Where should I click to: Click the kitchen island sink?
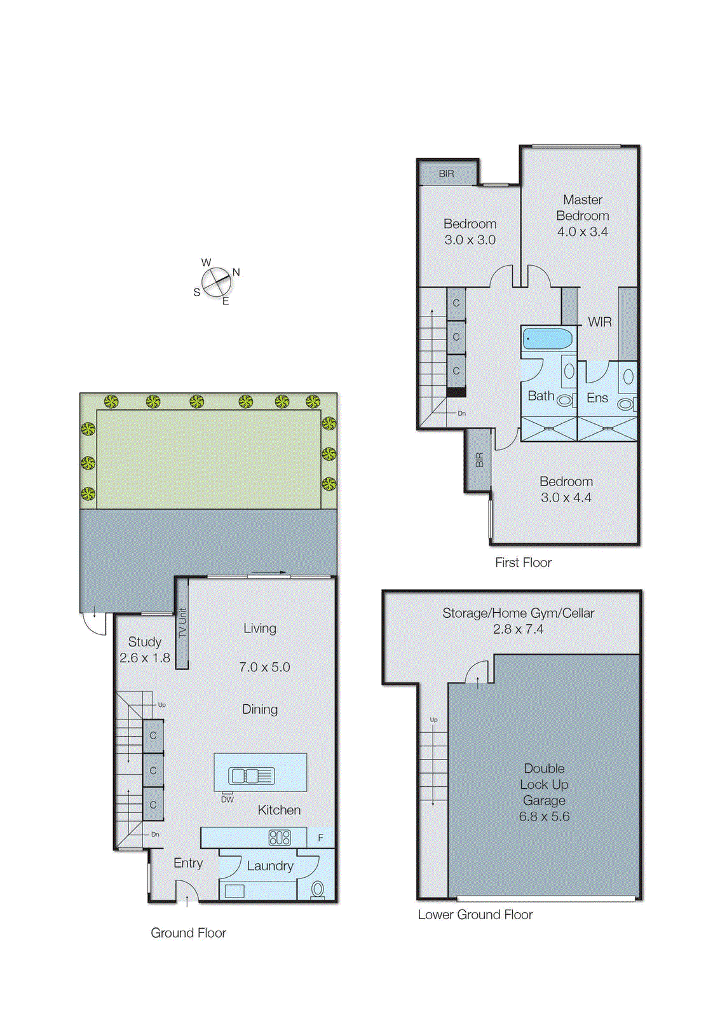252,775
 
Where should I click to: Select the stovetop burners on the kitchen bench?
280,837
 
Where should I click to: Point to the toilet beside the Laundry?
318,889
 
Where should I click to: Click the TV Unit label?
182,623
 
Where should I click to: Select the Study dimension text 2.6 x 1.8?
145,658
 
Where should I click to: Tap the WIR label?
599,322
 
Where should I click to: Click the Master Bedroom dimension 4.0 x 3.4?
582,232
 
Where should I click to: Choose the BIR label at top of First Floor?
446,174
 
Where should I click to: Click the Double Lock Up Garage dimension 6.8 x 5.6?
544,817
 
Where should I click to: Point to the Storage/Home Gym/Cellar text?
518,613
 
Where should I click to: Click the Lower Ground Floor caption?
475,915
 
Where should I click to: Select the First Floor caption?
523,563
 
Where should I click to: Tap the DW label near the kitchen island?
228,800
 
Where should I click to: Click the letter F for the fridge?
320,838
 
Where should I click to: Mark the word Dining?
260,709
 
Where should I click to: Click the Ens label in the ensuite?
597,398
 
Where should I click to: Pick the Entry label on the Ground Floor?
188,863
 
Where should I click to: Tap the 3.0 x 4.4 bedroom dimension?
566,498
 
